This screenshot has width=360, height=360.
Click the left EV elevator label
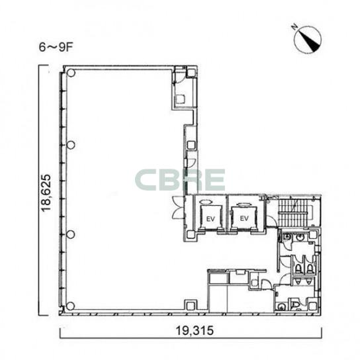210,219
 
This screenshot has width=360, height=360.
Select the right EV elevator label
244,218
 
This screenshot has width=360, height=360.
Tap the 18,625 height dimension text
46,193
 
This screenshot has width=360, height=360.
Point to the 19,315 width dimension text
195,331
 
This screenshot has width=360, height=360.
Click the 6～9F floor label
56,48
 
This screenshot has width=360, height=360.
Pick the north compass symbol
308,40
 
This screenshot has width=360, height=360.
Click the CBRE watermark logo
180,180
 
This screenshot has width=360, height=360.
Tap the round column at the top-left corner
71,73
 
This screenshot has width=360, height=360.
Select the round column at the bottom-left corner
71,306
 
